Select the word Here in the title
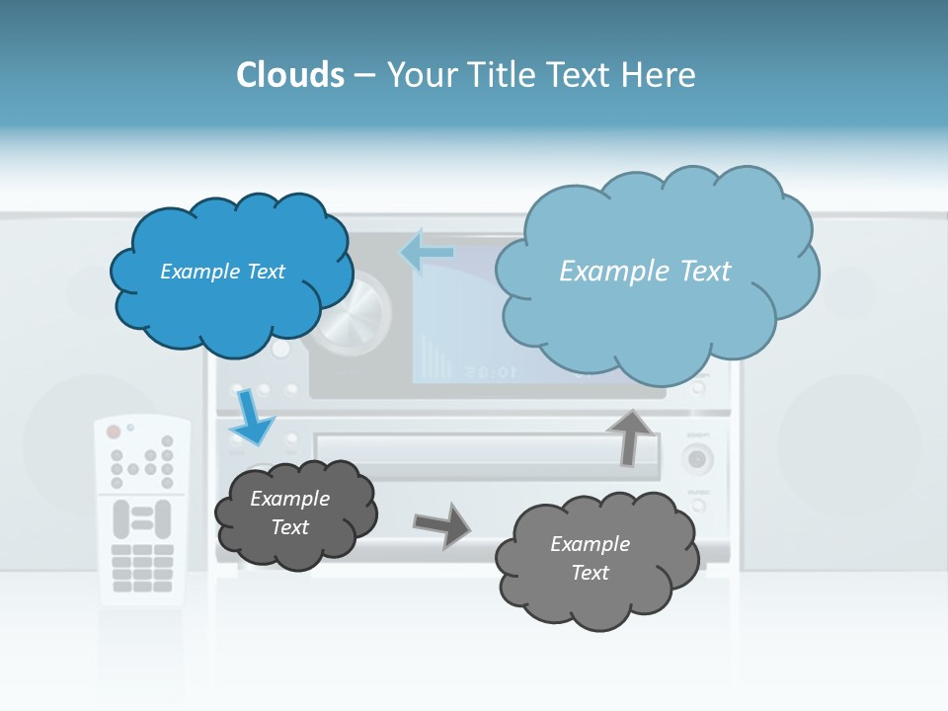[659, 75]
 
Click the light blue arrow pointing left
[427, 252]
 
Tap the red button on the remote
[114, 432]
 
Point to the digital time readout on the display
[489, 372]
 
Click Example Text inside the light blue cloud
[645, 272]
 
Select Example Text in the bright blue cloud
[222, 272]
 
